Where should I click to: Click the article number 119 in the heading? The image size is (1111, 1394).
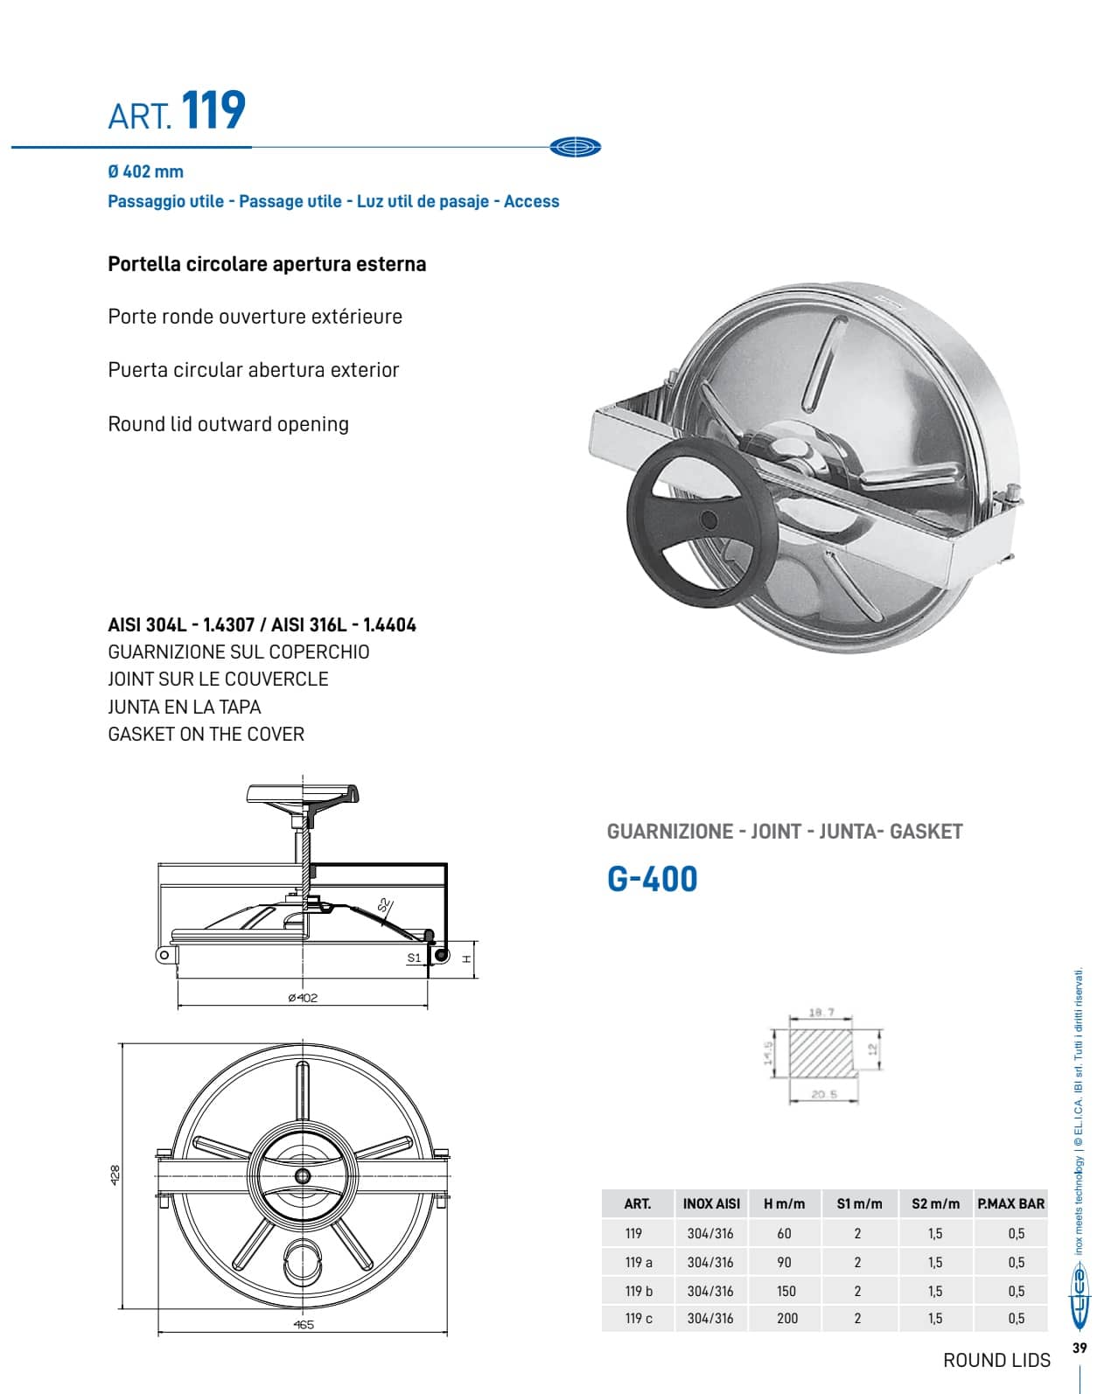point(213,111)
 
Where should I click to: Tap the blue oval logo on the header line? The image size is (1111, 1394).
point(576,147)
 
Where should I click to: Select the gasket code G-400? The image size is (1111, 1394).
point(653,879)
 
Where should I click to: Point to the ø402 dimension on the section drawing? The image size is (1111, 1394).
point(303,998)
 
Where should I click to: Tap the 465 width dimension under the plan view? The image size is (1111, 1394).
point(303,1324)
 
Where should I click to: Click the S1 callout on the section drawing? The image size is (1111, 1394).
point(414,958)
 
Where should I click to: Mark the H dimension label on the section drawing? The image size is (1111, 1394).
point(467,958)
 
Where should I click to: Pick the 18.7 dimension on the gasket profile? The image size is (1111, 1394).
point(821,1013)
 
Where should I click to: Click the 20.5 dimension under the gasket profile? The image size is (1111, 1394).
point(823,1094)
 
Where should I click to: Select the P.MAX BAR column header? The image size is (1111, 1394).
point(1010,1203)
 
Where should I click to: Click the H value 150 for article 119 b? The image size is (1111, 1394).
point(786,1291)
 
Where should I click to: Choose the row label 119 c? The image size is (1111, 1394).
point(639,1318)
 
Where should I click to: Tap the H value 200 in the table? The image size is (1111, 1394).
point(786,1318)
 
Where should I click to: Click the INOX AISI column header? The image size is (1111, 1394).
point(710,1203)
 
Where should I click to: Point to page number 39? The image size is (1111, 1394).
point(1080,1348)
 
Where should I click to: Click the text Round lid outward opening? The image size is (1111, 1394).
point(228,424)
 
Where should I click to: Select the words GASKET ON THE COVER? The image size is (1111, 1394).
point(206,734)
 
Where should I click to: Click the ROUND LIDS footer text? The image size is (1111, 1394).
point(996,1360)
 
